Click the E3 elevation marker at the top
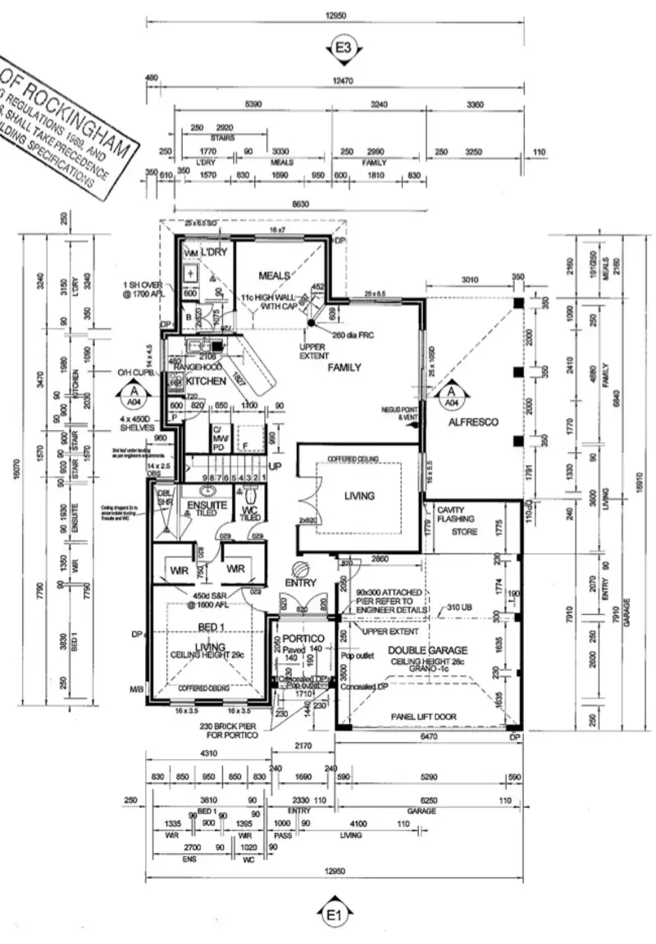(x=343, y=47)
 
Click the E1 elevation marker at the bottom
(x=334, y=914)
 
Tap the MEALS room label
(x=276, y=275)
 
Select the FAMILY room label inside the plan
(x=344, y=368)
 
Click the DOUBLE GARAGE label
(x=428, y=649)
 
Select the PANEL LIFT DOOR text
(x=423, y=717)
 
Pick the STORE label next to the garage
(x=464, y=532)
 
